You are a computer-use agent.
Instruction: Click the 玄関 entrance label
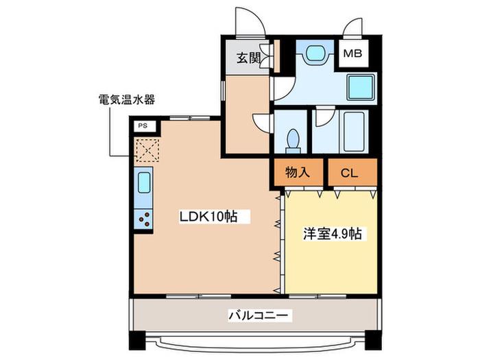tap(248, 58)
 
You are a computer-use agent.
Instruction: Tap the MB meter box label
tap(352, 53)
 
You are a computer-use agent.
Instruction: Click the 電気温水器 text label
tap(126, 99)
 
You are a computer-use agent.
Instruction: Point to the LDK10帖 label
tap(208, 217)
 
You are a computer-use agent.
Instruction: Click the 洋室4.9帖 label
tap(333, 234)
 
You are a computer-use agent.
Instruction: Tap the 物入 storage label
tap(298, 172)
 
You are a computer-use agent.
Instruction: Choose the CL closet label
tap(349, 173)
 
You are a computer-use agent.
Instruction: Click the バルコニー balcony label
tap(258, 315)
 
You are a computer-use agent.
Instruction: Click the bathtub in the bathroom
tap(354, 132)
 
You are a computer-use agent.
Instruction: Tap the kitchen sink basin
tap(144, 183)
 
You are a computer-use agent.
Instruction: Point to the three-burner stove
tap(143, 219)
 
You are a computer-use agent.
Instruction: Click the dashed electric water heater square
tap(147, 150)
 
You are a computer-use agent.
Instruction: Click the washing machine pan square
tap(361, 87)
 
